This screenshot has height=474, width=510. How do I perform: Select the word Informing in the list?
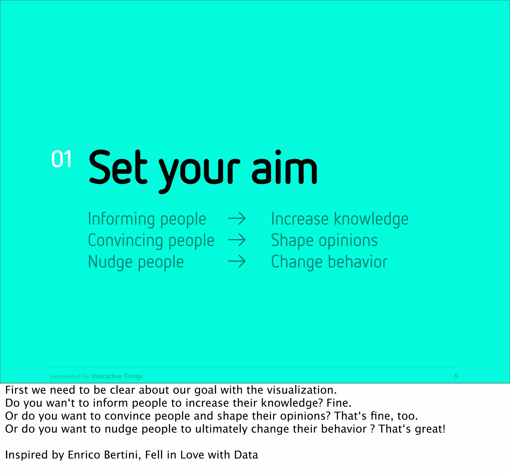pos(121,220)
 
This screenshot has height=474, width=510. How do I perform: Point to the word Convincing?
pos(125,241)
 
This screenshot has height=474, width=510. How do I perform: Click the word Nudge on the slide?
pos(110,262)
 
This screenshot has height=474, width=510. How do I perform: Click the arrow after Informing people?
pos(237,219)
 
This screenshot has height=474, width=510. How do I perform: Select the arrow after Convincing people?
pos(237,240)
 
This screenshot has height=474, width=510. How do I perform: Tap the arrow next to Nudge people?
pos(237,262)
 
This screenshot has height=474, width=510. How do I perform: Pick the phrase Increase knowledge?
pos(339,220)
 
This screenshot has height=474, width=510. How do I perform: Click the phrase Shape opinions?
pos(324,241)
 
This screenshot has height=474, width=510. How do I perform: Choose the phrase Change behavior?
pos(329,262)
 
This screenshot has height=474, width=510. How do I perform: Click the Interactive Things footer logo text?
pos(117,376)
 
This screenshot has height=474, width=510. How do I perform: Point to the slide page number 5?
pos(456,376)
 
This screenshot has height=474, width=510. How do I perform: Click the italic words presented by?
pos(70,376)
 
